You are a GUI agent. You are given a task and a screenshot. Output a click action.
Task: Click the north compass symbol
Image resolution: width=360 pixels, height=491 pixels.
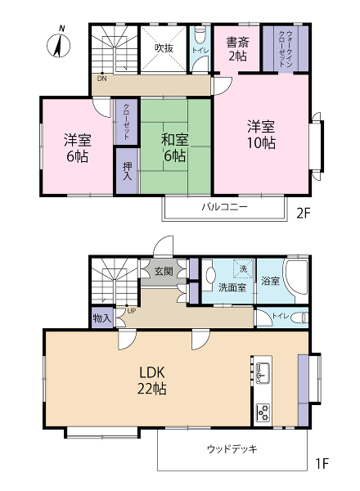point(59,45)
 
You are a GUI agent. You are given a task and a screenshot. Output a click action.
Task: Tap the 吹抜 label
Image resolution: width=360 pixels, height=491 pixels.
point(164,48)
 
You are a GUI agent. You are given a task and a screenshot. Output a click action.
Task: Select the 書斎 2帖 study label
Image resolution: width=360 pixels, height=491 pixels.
point(237,49)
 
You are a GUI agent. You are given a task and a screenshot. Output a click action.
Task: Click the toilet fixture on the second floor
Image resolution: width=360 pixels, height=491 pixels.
point(200,34)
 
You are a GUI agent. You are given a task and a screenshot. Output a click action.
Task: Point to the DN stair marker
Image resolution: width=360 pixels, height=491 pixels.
point(101,79)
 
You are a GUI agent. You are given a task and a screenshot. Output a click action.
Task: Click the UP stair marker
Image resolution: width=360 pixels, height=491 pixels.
point(132,311)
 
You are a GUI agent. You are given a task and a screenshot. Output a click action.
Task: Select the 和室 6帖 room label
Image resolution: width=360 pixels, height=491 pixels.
point(174,147)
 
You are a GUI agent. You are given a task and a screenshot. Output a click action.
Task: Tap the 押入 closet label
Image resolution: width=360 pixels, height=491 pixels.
point(127,171)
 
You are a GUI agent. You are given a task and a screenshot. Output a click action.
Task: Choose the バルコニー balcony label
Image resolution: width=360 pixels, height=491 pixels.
point(225,207)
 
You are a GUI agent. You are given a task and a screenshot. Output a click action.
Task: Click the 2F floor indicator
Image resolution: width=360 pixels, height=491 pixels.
point(303,214)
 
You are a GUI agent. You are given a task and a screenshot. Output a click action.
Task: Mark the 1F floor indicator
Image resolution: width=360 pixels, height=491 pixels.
point(322,463)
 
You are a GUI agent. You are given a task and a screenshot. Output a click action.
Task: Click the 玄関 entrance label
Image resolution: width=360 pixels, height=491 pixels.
point(164,271)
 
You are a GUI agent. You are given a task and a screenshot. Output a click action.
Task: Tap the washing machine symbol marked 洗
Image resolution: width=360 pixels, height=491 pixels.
point(243,269)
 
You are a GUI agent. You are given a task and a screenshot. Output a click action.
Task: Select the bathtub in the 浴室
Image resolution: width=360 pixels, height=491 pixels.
point(296,280)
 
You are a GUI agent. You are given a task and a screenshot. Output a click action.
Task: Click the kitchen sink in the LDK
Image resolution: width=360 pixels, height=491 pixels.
point(263,372)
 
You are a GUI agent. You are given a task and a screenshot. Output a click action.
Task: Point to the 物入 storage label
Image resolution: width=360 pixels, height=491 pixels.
point(102,319)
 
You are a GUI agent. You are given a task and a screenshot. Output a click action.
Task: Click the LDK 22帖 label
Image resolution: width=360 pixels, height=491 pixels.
point(152,381)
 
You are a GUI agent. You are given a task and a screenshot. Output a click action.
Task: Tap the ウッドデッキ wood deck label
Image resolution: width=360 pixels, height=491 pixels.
point(232,449)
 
